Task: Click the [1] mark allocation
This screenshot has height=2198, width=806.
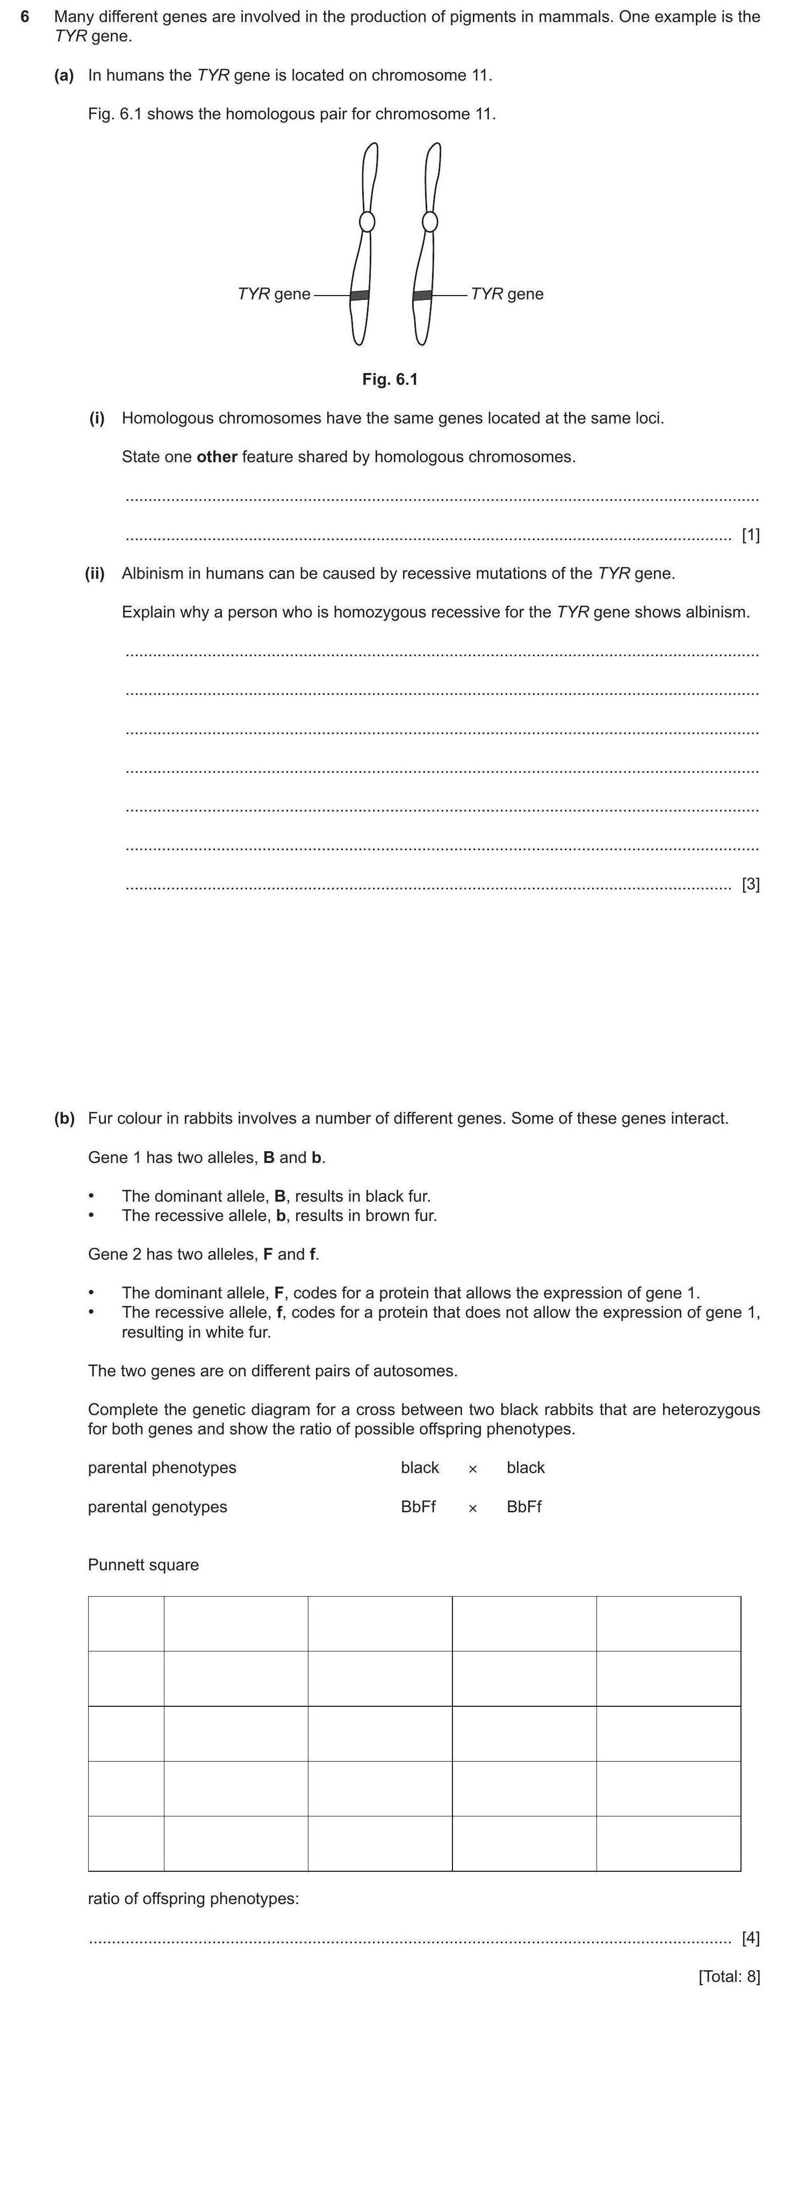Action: tap(751, 536)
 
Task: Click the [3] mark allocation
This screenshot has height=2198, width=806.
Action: tap(751, 885)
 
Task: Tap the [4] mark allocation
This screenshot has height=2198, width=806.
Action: tap(751, 1938)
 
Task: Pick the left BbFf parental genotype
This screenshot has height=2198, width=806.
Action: tap(418, 1507)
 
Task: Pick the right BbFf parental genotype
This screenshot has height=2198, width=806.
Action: tap(524, 1507)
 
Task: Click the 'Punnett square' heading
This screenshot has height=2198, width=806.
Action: tap(143, 1565)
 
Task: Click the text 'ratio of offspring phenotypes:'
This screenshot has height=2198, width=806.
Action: tap(193, 1899)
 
